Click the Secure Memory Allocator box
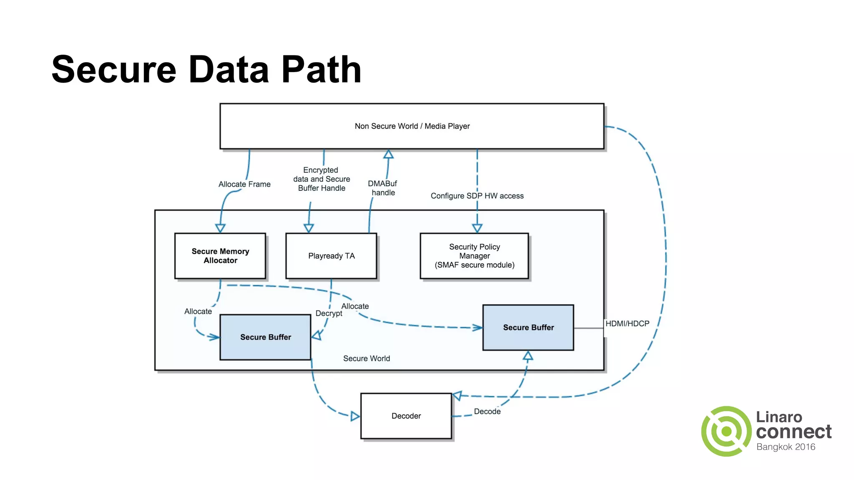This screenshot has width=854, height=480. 220,256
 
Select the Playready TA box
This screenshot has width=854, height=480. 331,256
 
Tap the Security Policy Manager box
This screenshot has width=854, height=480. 474,256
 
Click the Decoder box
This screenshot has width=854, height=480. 406,416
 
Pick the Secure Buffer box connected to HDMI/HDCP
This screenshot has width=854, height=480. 528,327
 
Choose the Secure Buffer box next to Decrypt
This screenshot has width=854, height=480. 265,337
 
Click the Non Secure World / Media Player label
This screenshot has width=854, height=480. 412,126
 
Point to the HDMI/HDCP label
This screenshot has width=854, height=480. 627,324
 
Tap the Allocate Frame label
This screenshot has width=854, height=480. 244,184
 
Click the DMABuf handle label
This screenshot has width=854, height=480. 382,188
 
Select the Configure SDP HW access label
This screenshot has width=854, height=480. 477,196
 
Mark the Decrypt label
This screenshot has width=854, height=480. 329,313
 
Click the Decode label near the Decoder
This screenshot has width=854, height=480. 487,411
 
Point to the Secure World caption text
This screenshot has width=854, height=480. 367,358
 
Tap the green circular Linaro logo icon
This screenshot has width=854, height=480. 726,431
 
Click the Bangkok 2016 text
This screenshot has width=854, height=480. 786,447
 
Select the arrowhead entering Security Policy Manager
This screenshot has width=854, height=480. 477,228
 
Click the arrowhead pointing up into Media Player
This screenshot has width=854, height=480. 389,154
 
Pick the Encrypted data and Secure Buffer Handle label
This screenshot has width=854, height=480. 322,179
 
